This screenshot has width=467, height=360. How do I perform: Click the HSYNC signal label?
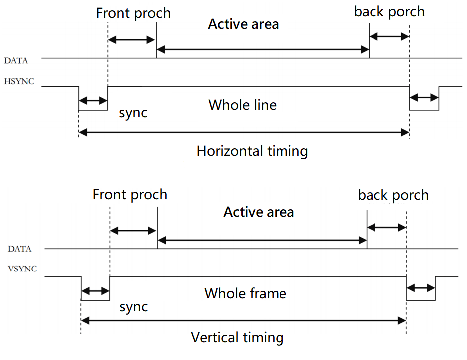(19, 81)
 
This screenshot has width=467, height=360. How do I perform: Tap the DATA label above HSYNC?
(16, 61)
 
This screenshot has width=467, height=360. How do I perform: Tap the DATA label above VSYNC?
(19, 249)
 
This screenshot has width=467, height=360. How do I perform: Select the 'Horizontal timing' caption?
(252, 151)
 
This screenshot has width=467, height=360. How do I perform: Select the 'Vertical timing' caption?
(237, 338)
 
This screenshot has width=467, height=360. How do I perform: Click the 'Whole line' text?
(242, 105)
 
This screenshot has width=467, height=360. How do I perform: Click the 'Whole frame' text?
(245, 293)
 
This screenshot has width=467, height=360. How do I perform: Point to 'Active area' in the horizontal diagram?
(243, 24)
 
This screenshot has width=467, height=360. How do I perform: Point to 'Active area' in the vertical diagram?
(259, 212)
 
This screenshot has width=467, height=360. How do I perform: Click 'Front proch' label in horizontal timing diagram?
(133, 13)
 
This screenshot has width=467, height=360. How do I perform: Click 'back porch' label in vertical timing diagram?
(393, 195)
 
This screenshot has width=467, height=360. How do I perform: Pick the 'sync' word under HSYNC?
(133, 113)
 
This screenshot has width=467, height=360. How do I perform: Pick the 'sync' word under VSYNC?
(134, 306)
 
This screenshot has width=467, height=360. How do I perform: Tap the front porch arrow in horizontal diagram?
(132, 40)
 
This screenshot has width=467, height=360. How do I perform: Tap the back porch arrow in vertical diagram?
(386, 227)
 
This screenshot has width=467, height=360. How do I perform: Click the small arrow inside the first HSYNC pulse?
(93, 101)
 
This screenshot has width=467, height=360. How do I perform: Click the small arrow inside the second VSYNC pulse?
(421, 288)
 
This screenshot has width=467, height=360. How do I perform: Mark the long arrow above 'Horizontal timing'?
(243, 132)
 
